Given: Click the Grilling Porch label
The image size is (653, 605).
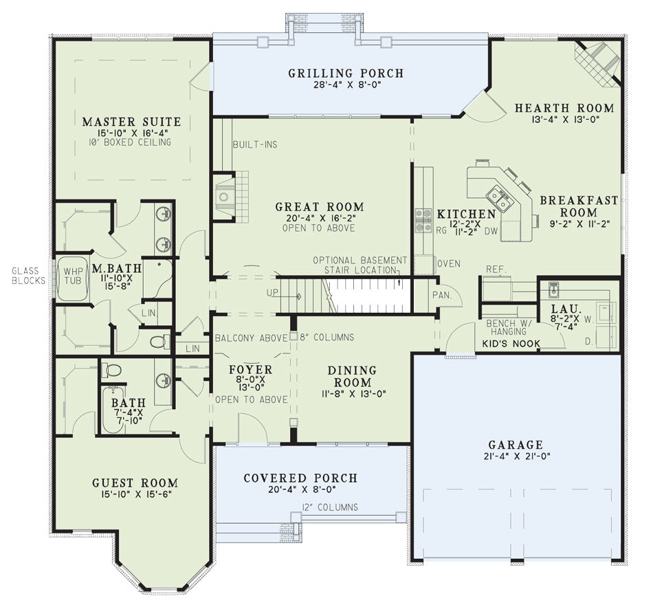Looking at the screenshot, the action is [x=346, y=74].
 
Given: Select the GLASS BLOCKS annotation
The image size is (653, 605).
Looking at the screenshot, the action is [x=28, y=276].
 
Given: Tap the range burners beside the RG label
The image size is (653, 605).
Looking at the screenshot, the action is [x=423, y=221].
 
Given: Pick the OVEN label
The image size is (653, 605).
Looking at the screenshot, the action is [x=449, y=264].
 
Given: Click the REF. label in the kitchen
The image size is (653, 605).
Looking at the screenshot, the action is [x=496, y=269].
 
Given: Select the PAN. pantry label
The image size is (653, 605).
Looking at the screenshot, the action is [x=442, y=296].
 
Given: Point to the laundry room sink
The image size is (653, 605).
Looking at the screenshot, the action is [x=553, y=290].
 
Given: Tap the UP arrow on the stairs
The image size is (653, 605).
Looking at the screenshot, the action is [x=294, y=297].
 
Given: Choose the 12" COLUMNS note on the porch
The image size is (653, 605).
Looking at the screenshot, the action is [x=330, y=507].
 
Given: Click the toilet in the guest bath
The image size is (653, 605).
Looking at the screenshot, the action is [x=111, y=370].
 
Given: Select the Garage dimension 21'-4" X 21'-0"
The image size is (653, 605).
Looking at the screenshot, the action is [x=517, y=456].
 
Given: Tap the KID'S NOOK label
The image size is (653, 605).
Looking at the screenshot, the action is [x=511, y=344].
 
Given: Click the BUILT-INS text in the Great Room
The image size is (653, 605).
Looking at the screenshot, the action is [x=255, y=144].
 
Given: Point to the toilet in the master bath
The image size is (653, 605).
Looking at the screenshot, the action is [x=160, y=342].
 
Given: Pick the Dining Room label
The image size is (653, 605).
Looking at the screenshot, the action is [x=353, y=376].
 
